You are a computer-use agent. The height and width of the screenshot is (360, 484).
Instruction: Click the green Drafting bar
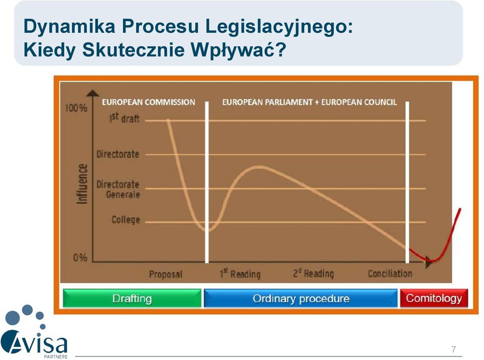point(132,298)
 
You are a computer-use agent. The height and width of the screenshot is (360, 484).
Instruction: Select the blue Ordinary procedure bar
point(301,298)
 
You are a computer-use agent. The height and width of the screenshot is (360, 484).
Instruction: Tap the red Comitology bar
point(434,298)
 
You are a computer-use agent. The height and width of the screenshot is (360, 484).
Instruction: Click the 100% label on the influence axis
point(76,108)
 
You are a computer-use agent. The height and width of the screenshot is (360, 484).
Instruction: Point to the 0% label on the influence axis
point(80,258)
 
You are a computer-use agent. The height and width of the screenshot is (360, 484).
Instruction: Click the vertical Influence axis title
point(82,184)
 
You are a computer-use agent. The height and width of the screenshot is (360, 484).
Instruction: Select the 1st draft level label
point(124,118)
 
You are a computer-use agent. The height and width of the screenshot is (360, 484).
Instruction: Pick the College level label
point(126,220)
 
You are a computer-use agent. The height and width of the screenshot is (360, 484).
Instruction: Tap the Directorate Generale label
point(118,189)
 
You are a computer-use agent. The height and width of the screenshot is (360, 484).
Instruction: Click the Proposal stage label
point(166,274)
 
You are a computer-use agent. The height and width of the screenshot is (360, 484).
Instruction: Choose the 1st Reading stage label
point(240,274)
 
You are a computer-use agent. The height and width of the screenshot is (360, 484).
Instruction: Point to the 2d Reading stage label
point(313,273)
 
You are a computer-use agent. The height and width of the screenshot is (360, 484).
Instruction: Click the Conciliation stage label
point(390,273)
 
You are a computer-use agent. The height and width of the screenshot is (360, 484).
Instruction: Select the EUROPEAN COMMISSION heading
point(148,102)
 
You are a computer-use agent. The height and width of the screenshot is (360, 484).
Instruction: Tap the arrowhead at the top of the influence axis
point(92,93)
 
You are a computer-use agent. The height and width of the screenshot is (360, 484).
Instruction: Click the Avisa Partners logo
point(34,332)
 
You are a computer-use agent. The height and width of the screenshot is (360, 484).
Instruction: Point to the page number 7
point(453,349)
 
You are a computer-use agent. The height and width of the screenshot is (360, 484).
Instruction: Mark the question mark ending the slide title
point(281,49)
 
